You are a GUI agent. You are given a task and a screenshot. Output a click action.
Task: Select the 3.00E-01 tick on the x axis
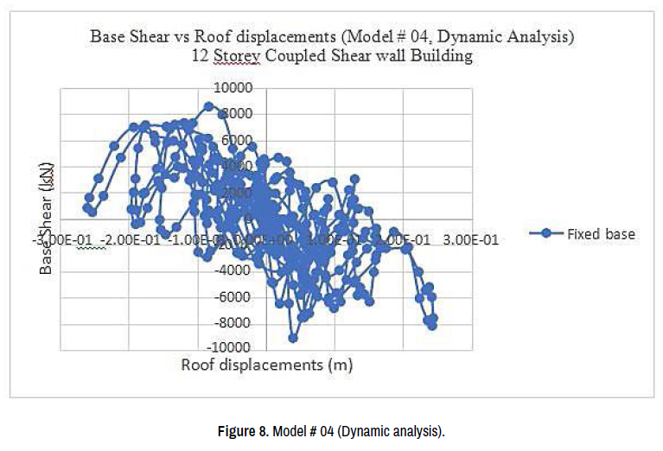click(x=473, y=239)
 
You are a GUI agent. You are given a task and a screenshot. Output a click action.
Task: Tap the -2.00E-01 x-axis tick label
click(x=133, y=239)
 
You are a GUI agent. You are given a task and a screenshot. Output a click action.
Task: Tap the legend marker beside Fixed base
click(x=545, y=234)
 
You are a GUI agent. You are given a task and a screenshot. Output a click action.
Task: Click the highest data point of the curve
click(x=208, y=106)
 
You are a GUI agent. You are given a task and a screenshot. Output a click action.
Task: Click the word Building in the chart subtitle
click(x=443, y=57)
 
